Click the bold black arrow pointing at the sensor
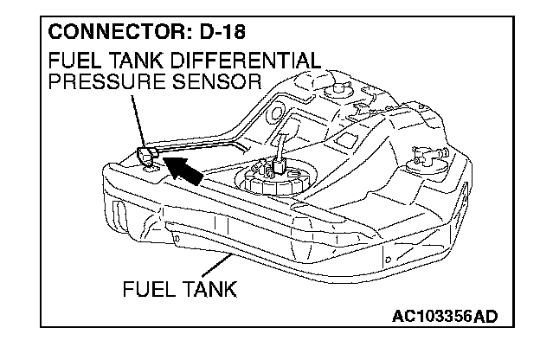(x=184, y=169)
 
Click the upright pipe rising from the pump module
(x=280, y=147)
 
